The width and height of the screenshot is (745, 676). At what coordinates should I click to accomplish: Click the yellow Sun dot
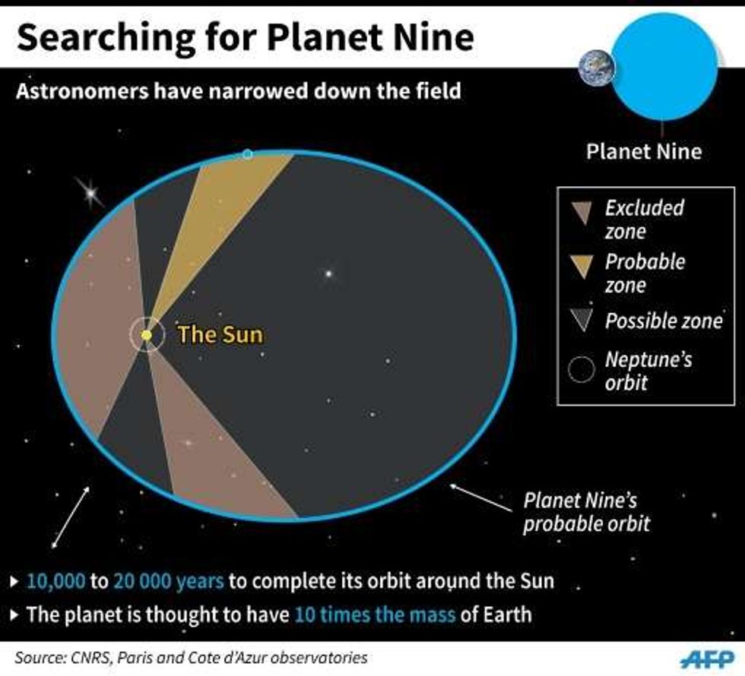coord(146,335)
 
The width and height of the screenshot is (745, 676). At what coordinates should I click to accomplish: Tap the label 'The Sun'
coord(220,334)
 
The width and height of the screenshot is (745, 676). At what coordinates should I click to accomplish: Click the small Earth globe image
coord(597,68)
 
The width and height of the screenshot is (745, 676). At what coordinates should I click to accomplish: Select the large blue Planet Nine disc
coord(664,66)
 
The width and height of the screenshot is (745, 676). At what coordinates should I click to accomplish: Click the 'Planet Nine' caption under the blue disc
coord(644,151)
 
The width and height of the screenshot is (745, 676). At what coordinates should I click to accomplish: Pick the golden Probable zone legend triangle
coord(582,267)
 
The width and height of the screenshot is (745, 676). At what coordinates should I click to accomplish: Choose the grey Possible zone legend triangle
coord(582,320)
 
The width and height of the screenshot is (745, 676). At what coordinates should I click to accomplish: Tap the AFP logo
coord(707,659)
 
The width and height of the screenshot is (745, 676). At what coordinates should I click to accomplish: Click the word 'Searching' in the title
coord(106,39)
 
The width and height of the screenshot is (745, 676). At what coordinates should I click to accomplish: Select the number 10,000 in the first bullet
coord(56,581)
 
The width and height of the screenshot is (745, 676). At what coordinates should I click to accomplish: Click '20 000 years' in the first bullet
coord(169,581)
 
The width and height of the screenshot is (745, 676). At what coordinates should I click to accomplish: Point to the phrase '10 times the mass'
coord(375,614)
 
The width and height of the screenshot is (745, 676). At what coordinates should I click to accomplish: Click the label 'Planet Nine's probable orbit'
coord(586,512)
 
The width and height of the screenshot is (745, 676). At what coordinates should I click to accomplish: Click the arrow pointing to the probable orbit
coord(480,498)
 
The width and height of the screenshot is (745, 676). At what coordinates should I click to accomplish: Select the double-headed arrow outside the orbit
coord(70,517)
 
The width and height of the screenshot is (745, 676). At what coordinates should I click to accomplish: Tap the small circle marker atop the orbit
coord(247,154)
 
